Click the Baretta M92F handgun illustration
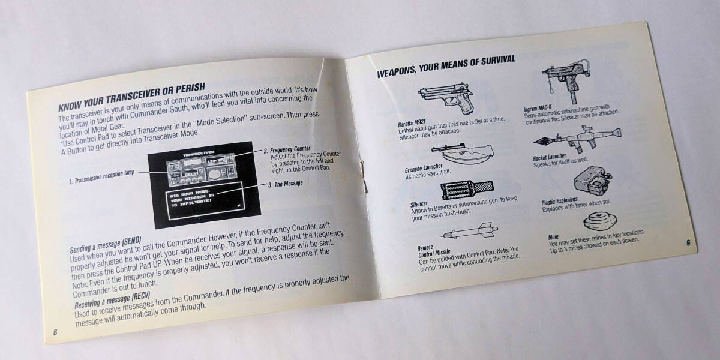pyautogui.click(x=446, y=99)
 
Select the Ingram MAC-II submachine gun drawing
pyautogui.click(x=567, y=78)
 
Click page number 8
pyautogui.click(x=55, y=333)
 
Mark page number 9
pyautogui.click(x=688, y=242)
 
